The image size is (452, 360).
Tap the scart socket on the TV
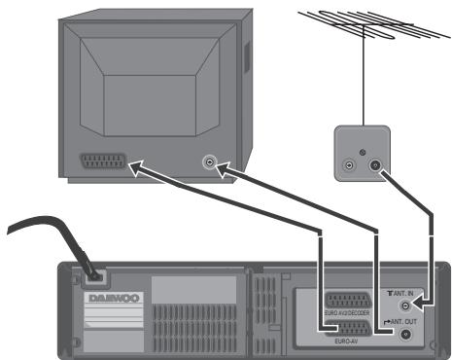pos(103,162)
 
